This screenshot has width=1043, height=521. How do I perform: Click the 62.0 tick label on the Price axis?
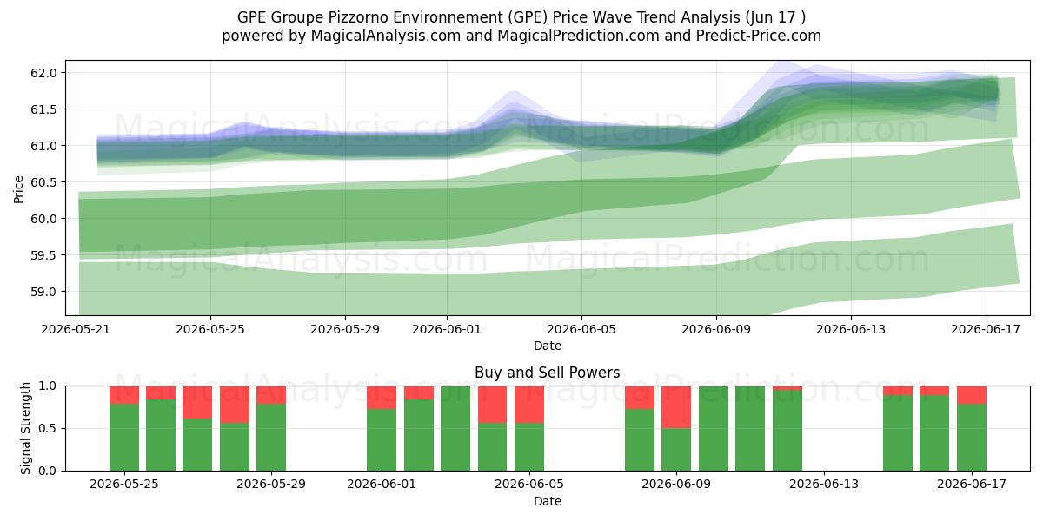(43, 73)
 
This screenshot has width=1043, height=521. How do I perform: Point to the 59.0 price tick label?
(43, 292)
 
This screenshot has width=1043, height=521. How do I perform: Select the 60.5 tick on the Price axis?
(43, 182)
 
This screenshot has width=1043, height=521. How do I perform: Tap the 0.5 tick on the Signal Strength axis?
(47, 428)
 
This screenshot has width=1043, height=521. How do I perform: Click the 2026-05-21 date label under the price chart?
(76, 329)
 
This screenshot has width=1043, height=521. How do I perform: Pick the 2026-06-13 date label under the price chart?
(851, 329)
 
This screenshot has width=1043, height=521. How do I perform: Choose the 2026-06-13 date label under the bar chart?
(824, 485)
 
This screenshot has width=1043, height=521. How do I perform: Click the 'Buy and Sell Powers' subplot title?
(547, 373)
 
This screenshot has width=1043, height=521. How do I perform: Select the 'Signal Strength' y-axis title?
(25, 428)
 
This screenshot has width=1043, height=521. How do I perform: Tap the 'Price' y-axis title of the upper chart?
(18, 189)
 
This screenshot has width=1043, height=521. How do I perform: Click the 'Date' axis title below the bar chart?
(547, 501)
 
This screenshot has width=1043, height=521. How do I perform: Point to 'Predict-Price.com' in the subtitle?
(759, 36)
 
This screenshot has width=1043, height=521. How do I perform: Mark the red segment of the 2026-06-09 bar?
(676, 407)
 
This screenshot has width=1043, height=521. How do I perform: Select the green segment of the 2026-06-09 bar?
(676, 450)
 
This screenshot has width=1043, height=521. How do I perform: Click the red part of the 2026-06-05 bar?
(529, 405)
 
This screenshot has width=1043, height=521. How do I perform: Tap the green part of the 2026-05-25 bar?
(124, 438)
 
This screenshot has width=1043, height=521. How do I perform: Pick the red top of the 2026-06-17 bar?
(972, 395)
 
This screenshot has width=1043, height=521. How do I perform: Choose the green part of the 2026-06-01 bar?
(382, 439)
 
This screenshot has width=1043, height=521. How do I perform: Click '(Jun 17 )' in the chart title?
(775, 17)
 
